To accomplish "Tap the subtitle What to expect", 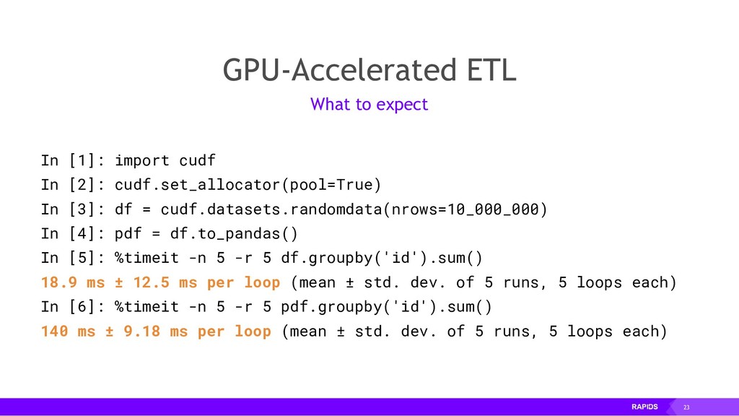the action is pos(369,105).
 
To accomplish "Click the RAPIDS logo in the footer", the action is pos(644,408).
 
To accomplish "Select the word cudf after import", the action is pos(197,160).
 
